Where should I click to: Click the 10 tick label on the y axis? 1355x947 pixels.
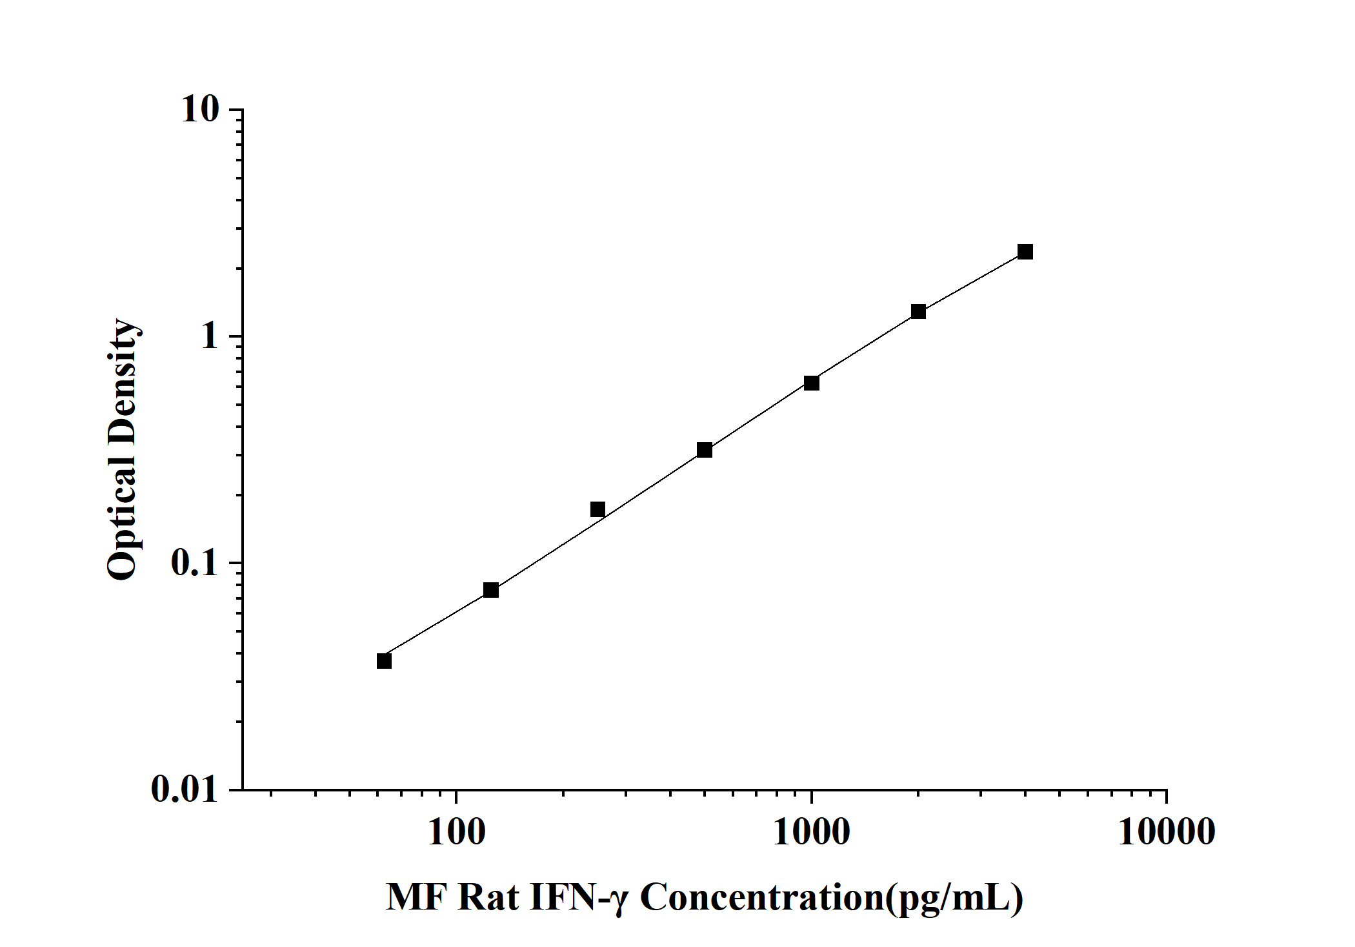[200, 110]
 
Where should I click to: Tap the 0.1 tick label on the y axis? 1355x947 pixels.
[195, 564]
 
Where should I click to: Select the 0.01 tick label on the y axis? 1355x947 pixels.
[185, 789]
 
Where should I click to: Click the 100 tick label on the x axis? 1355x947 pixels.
[456, 832]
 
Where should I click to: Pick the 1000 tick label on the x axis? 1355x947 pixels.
[811, 832]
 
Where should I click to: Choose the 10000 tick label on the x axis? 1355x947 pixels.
[1166, 832]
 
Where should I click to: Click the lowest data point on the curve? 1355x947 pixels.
[384, 661]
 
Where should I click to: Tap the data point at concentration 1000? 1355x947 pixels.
[812, 383]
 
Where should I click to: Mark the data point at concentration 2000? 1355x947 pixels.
[918, 312]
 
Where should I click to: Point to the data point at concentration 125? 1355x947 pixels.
[491, 590]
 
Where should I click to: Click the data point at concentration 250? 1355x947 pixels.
[598, 510]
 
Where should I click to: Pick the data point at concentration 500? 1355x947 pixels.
[705, 450]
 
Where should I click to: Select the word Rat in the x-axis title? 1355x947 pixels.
[488, 898]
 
